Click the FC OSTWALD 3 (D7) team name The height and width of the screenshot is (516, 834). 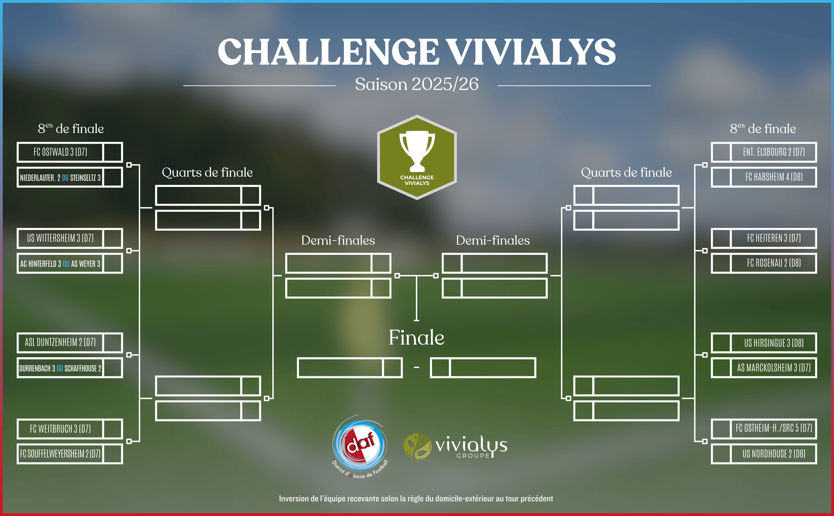point(60,152)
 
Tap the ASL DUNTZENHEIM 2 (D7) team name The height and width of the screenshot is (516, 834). point(60,342)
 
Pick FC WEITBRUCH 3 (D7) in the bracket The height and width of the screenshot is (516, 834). point(60,429)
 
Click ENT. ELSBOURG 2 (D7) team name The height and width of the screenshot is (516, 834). point(774,152)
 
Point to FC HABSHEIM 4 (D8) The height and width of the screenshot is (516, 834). point(774,177)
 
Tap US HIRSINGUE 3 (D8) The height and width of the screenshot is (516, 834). point(774,343)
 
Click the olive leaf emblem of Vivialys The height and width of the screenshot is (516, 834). point(417,446)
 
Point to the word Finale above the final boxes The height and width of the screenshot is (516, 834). point(417,338)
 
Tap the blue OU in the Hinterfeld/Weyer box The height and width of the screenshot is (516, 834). point(66,264)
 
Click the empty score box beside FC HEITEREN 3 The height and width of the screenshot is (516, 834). point(721,238)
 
